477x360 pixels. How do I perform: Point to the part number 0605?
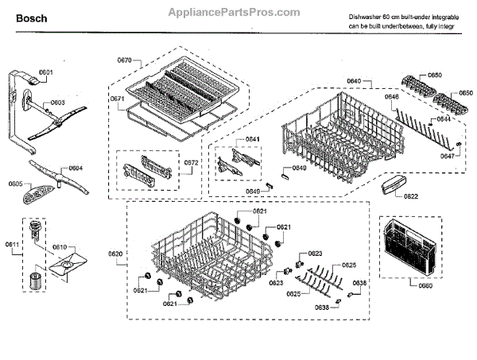pyautogui.click(x=15, y=184)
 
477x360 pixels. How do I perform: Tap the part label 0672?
pyautogui.click(x=191, y=163)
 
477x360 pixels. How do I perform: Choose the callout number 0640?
pyautogui.click(x=354, y=82)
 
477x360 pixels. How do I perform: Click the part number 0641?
pyautogui.click(x=252, y=139)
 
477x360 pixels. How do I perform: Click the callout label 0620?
pyautogui.click(x=115, y=254)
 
